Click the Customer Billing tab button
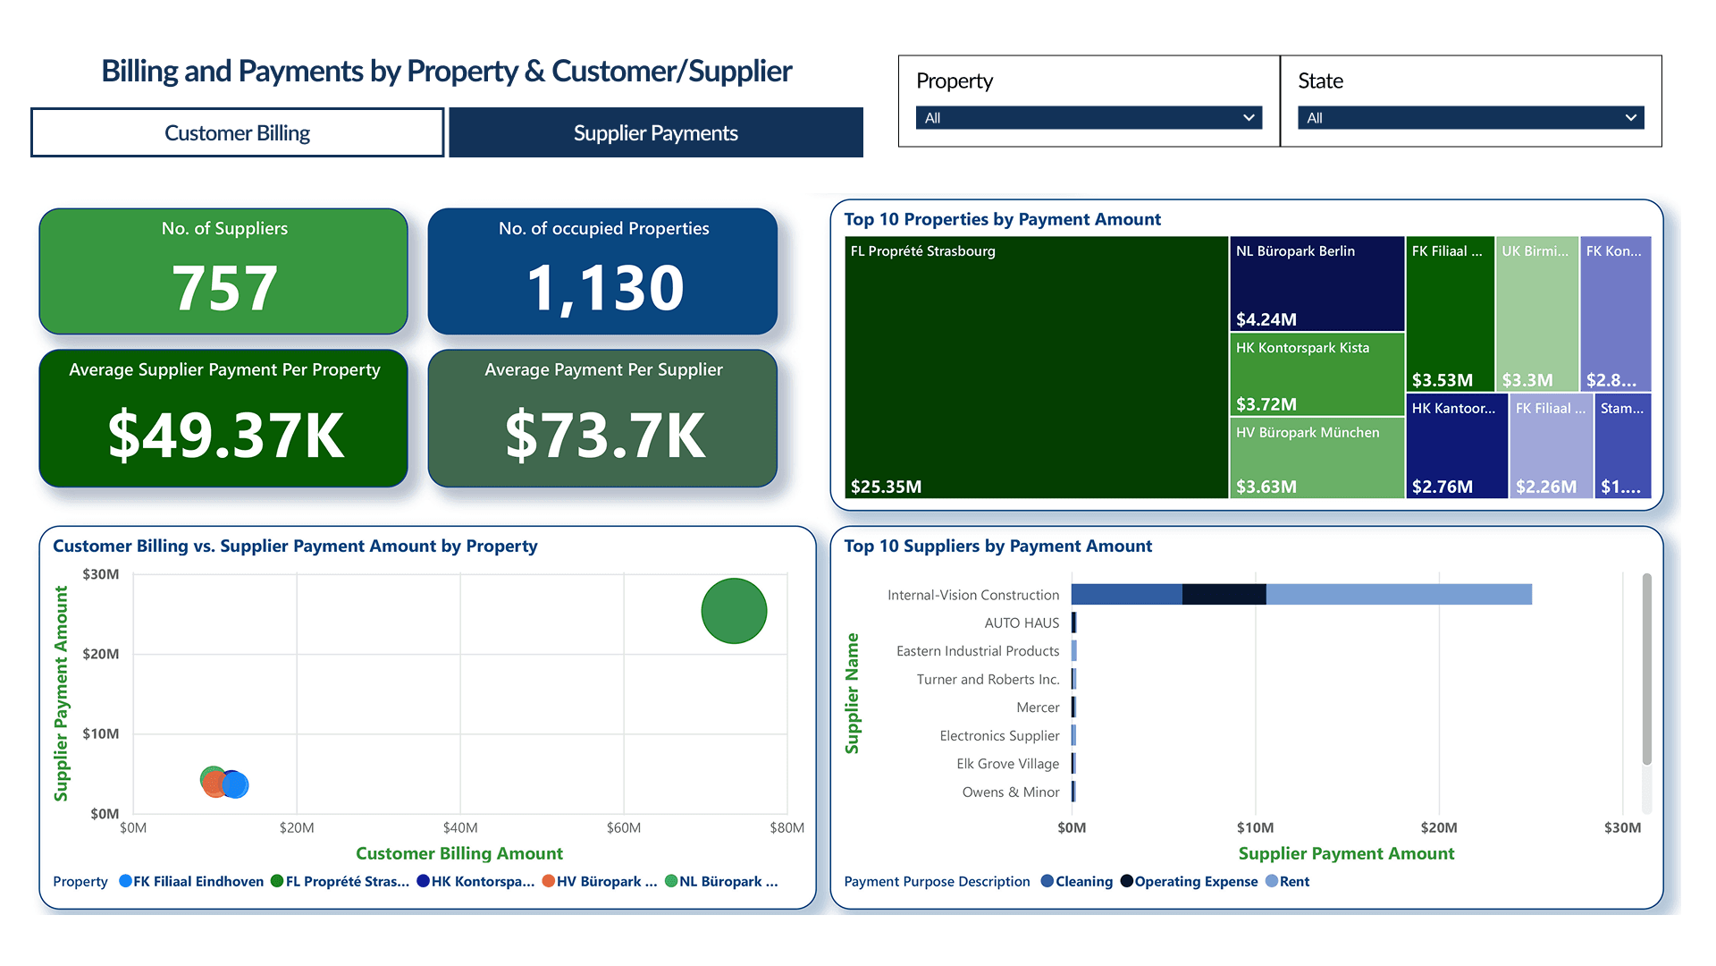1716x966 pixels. click(x=237, y=133)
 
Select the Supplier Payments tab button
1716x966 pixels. click(x=655, y=133)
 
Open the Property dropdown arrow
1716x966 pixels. click(x=1249, y=118)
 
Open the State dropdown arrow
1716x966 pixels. click(x=1630, y=118)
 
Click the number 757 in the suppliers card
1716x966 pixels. click(x=224, y=288)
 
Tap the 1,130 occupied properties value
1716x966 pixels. click(x=604, y=288)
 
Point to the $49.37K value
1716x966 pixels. click(x=225, y=436)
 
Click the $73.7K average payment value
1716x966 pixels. click(x=604, y=436)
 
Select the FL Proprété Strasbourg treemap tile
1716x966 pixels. click(x=1035, y=367)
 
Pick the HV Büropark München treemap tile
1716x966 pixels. click(x=1316, y=458)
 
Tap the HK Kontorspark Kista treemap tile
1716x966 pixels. click(x=1316, y=376)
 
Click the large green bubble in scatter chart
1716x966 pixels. click(x=734, y=611)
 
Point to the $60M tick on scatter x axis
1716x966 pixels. click(x=623, y=828)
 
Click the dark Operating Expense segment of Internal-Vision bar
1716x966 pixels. click(x=1224, y=595)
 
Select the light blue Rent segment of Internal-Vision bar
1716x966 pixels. click(x=1399, y=595)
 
